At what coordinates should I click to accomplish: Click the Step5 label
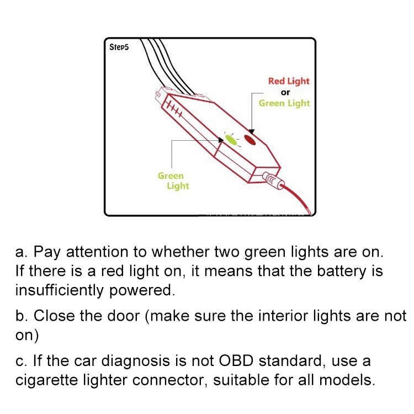point(119,48)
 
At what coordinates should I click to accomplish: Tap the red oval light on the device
point(251,141)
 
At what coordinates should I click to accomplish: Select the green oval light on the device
point(232,140)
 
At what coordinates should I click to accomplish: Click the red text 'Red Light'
point(289,81)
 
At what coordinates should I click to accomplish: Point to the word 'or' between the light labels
point(285,92)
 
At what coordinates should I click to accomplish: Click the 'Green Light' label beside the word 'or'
point(284,103)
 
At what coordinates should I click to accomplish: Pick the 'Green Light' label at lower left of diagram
point(173,181)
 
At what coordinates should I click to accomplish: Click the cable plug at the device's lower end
point(272,179)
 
